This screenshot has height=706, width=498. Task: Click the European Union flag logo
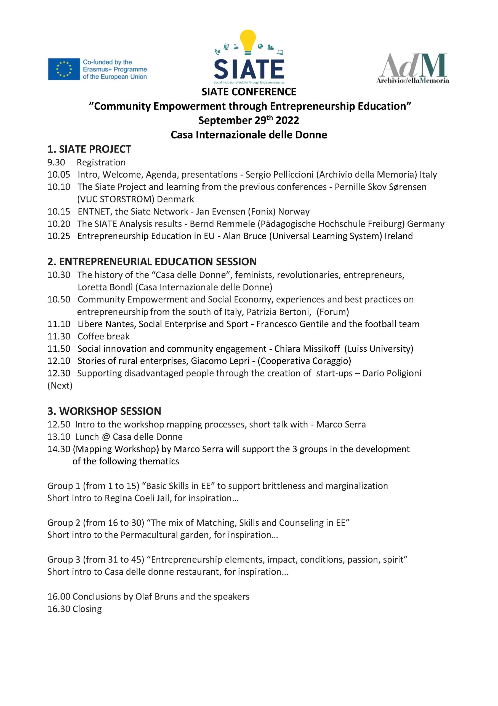64,69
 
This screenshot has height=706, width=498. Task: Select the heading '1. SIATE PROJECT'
89,149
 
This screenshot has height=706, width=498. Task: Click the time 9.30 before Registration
56,162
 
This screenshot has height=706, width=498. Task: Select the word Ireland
399,236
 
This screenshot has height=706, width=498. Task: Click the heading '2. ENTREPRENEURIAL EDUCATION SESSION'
152,262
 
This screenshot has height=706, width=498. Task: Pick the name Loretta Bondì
106,287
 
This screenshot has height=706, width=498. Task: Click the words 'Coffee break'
103,336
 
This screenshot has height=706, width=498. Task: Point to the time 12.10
58,361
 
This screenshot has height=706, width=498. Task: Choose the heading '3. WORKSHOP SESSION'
104,411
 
